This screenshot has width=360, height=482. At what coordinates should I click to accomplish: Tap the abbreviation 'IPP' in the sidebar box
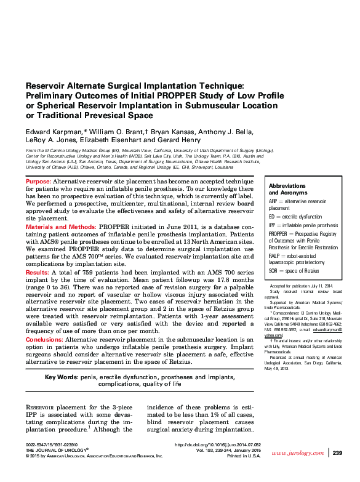(x=273, y=225)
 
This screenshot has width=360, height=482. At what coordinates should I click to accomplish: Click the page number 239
(x=337, y=453)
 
